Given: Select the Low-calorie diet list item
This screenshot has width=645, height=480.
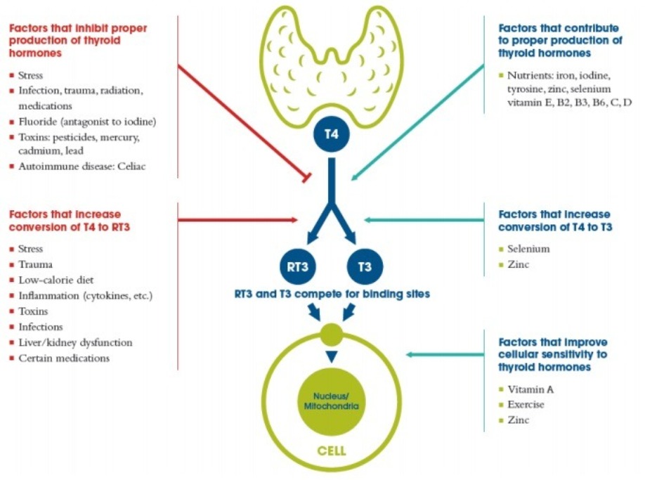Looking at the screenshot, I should click(58, 280).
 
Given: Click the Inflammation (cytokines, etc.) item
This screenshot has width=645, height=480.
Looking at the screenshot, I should click(85, 295).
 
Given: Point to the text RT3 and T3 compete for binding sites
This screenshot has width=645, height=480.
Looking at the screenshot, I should click(332, 294).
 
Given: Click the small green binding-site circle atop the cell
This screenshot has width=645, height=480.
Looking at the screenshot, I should click(330, 333).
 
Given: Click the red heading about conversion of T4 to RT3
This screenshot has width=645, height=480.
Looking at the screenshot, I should click(65, 219).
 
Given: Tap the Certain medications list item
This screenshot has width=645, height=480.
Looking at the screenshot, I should click(64, 358).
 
